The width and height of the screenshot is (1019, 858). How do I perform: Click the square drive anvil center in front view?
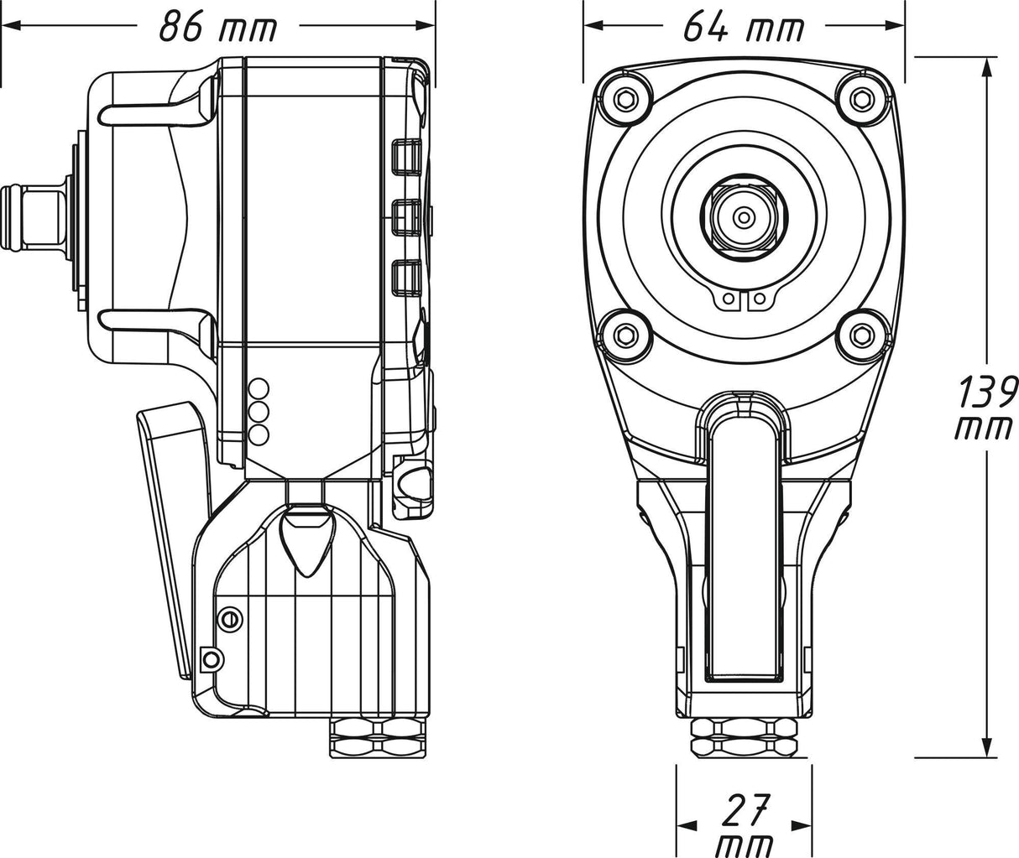click(x=744, y=217)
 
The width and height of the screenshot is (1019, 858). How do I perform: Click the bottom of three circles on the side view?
click(x=260, y=434)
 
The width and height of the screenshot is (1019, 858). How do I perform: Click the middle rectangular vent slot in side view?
click(x=407, y=216)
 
